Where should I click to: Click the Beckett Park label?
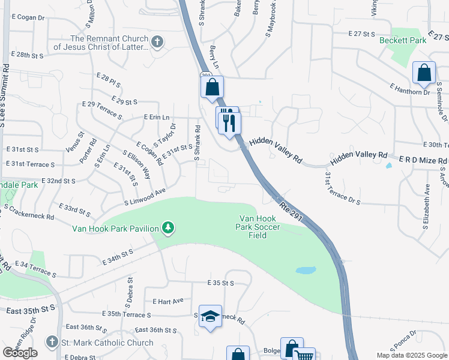click(402, 40)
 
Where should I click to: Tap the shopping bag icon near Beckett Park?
click(424, 73)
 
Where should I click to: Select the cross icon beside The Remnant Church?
click(157, 42)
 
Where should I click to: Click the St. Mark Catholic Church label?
click(107, 343)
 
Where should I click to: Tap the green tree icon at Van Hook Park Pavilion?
click(169, 228)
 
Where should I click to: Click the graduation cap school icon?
click(211, 316)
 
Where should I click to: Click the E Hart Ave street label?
click(168, 301)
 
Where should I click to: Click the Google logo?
click(20, 353)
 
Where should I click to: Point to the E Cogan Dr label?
click(28, 18)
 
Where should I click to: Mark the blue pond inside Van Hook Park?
click(306, 271)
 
